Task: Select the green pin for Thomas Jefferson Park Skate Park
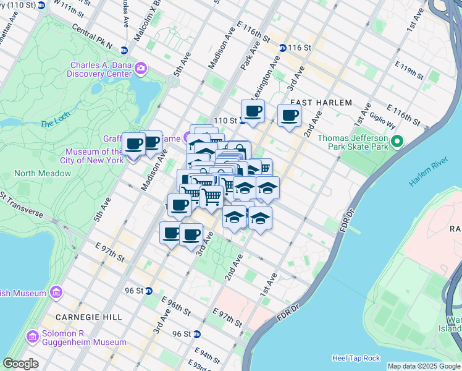point(398,142)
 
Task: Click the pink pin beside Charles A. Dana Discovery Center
point(141,67)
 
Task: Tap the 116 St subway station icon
point(282,48)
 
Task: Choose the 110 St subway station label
point(225,120)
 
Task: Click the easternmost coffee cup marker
point(289,114)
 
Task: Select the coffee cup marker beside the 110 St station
point(253,111)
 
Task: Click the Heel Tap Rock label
point(356,358)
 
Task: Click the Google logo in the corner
point(20,363)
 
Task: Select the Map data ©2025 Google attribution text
point(424,366)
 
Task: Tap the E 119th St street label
point(409,72)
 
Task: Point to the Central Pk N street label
point(92,36)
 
